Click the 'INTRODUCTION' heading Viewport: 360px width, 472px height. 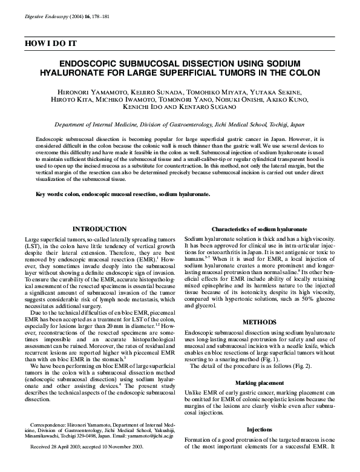99,229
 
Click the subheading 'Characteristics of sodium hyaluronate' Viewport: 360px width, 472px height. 260,230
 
